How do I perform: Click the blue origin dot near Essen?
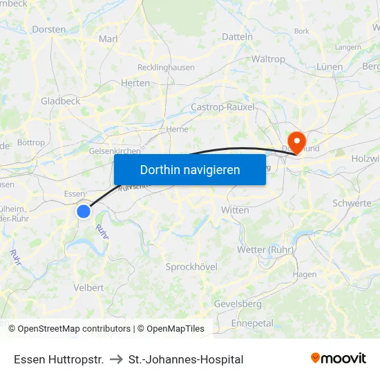(84, 211)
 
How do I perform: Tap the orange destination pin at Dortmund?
(297, 142)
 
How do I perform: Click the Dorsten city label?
(49, 30)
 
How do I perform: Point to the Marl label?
(109, 39)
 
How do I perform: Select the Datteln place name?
(238, 37)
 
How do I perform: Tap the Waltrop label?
(268, 59)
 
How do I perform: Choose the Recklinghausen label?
(166, 68)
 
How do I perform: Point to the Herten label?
(135, 83)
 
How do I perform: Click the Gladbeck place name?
(61, 101)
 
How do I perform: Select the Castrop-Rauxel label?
(222, 107)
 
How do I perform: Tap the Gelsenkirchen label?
(115, 151)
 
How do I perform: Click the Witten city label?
(235, 210)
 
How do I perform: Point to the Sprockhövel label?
(191, 267)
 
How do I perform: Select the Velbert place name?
(88, 287)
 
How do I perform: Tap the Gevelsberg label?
(238, 304)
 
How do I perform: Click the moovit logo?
(339, 359)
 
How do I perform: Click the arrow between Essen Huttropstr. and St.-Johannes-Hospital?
(116, 359)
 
